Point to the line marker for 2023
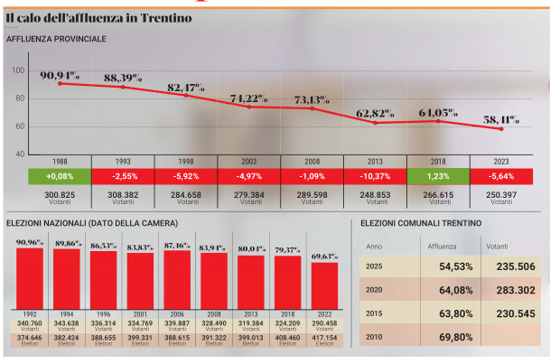point(500,129)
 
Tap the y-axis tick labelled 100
point(19,70)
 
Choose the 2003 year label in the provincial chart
point(248,161)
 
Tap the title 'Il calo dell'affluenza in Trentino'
point(97,18)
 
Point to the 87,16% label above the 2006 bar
point(177,245)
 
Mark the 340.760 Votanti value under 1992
point(30,322)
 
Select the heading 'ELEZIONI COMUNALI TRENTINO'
point(421,222)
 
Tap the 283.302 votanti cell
point(511,290)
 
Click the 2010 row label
point(374,337)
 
